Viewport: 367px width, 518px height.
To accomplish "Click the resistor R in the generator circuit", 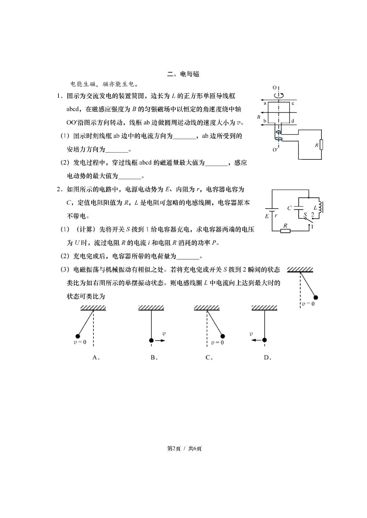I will [321, 145].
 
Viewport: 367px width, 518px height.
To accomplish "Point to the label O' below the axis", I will [275, 150].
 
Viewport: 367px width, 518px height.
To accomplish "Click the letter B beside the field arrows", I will [259, 117].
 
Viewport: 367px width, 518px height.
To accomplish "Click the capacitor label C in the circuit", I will [289, 208].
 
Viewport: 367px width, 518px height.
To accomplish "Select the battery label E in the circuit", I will [267, 216].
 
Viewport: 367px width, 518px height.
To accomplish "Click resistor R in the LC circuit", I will [285, 231].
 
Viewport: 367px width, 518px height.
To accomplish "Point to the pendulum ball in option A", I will [77, 336].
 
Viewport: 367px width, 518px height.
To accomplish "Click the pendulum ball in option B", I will [151, 340].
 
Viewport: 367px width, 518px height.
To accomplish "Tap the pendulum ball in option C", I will [223, 336].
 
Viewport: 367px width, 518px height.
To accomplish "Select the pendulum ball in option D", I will [264, 340].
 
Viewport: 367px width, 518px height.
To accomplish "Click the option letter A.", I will [95, 357].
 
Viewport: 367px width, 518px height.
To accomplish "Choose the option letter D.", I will [267, 357].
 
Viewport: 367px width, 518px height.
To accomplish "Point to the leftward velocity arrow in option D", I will [256, 340].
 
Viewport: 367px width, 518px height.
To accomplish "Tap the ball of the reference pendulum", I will [315, 298].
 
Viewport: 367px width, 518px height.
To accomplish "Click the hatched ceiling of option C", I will [207, 308].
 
